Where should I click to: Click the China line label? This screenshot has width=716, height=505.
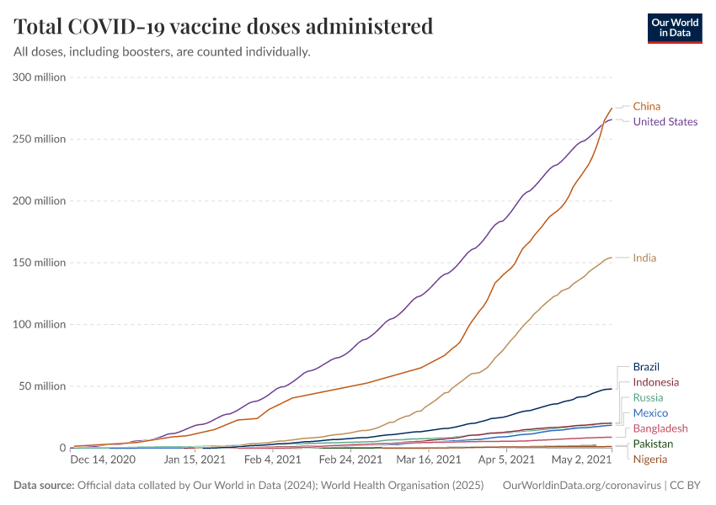(x=646, y=106)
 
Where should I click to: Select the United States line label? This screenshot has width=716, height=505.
(x=665, y=122)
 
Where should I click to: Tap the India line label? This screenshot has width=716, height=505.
(x=644, y=258)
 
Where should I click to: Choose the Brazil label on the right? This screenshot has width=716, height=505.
(x=645, y=367)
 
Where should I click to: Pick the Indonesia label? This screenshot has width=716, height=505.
(x=655, y=382)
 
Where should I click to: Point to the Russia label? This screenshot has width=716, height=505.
(x=648, y=397)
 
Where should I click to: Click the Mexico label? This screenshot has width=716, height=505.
(x=650, y=413)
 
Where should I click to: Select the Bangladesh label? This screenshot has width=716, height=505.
(x=660, y=428)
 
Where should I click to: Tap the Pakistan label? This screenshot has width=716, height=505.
(x=653, y=444)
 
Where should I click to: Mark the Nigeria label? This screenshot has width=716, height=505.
(x=649, y=459)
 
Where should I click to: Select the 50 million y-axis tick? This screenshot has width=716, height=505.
(x=40, y=386)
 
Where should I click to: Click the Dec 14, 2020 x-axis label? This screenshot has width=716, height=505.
(x=103, y=460)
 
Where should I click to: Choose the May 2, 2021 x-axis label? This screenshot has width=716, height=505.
(x=581, y=460)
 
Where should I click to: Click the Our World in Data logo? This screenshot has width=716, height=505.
(x=675, y=27)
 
